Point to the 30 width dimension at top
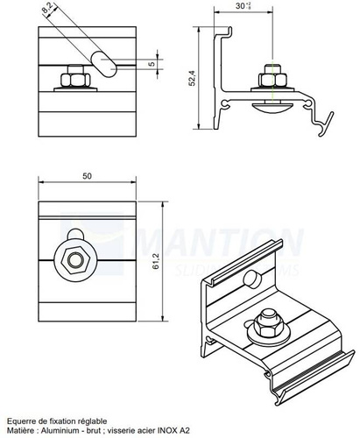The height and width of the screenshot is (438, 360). click(242, 5)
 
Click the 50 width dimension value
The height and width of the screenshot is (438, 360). click(87, 177)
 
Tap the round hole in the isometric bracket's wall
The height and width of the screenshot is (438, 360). click(251, 279)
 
